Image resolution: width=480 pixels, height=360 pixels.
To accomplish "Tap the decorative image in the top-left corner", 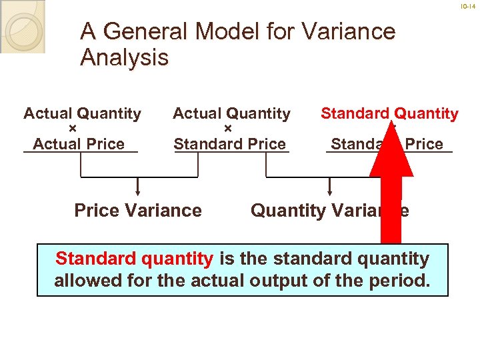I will point(23,27).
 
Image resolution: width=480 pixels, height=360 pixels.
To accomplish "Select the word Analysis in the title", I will point(124,58).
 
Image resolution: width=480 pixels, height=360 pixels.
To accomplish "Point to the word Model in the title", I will point(241,31).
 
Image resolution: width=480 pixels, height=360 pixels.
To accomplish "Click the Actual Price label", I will point(79,143).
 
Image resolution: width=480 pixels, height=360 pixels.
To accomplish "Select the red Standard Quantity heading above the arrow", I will point(389,114).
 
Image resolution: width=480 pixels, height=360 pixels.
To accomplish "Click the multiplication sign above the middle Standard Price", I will point(227,129).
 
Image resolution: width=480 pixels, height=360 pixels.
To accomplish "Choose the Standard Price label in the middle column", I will point(229,143).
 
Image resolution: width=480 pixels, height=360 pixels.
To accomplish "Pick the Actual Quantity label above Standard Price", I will point(231,114).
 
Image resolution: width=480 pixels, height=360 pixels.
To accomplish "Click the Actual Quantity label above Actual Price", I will point(82,114).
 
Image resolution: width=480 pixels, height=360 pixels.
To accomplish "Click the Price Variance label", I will point(138,211).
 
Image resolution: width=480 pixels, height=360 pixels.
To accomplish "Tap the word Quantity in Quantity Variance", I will point(289,211).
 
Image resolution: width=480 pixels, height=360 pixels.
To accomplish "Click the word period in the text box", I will point(401,281).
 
